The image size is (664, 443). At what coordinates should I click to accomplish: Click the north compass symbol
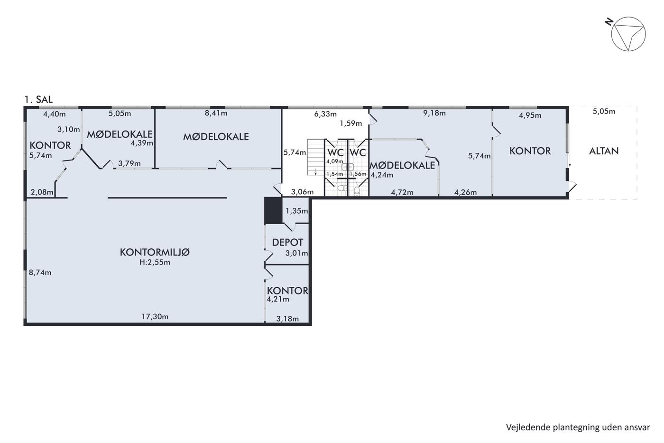[x=628, y=34]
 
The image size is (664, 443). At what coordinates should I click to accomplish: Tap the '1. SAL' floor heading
[x=38, y=100]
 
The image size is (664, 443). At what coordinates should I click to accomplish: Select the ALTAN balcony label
[x=604, y=151]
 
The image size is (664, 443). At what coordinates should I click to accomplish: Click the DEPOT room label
[x=287, y=243]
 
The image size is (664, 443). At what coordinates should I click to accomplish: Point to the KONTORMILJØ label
[x=155, y=252]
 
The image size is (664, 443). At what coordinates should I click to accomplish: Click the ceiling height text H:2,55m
[x=155, y=262]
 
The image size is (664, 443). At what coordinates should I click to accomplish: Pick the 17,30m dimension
[x=155, y=317]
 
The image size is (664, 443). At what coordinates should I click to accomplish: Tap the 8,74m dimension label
[x=40, y=273]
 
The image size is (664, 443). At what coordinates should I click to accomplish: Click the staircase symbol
[x=316, y=157]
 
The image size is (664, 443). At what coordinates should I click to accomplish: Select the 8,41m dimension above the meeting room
[x=216, y=113]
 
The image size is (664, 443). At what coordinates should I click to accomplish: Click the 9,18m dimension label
[x=434, y=113]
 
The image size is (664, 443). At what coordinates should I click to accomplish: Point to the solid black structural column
[x=273, y=211]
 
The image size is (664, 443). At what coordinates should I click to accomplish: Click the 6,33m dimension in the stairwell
[x=325, y=114]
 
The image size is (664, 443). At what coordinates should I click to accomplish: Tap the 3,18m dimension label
[x=287, y=319]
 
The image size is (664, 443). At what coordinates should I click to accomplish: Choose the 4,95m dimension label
[x=530, y=115]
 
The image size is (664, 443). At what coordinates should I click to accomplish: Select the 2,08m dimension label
[x=42, y=192]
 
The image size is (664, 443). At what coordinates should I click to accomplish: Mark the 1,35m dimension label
[x=297, y=211]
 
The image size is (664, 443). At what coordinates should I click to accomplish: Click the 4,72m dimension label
[x=402, y=192]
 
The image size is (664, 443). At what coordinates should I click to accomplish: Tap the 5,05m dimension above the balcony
[x=604, y=112]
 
